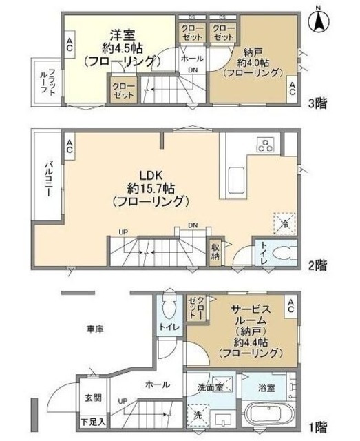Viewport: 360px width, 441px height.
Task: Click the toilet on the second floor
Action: pyautogui.click(x=281, y=254)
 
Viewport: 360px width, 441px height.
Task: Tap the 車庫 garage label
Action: pyautogui.click(x=96, y=330)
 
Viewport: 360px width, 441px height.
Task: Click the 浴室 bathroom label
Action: pyautogui.click(x=271, y=387)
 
